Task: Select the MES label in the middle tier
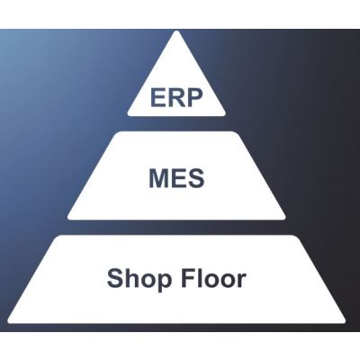(176, 178)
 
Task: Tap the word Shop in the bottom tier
(139, 280)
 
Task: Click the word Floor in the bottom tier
(213, 278)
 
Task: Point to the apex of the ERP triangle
(176, 31)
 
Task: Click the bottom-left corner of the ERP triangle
(129, 114)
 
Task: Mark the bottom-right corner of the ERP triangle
(225, 114)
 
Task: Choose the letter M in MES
(159, 178)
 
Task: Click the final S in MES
(196, 178)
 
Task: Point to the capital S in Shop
(114, 278)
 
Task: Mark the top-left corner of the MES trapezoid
(115, 132)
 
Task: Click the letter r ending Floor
(242, 281)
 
